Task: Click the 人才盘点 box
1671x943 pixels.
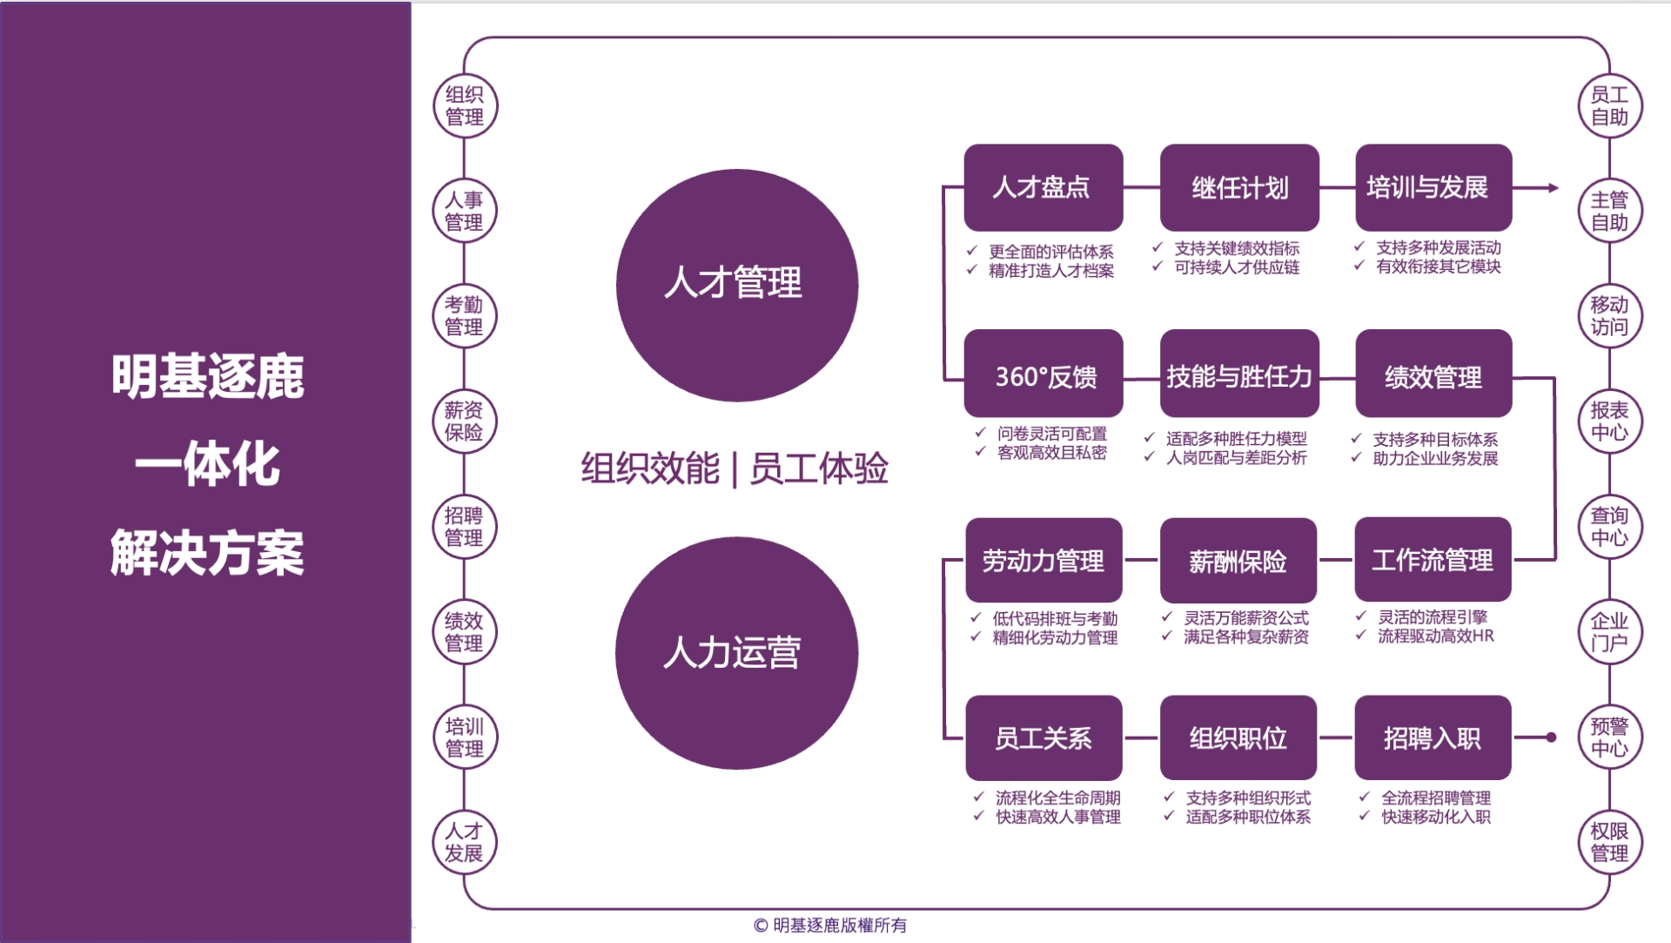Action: point(1044,187)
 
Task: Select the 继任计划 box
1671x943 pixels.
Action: point(1239,187)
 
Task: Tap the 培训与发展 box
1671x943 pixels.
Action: point(1433,187)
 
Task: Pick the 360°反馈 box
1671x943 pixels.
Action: point(1044,374)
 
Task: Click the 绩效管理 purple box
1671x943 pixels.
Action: point(1433,374)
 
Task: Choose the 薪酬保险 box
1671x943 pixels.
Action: point(1238,560)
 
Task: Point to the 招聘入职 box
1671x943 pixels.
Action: point(1433,738)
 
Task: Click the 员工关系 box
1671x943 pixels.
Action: point(1044,738)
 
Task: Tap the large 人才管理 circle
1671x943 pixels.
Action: point(737,286)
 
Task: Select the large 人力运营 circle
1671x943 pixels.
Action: point(737,653)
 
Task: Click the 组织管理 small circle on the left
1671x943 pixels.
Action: point(465,105)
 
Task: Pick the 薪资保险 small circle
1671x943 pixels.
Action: point(465,421)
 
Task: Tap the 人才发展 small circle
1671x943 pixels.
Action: point(465,842)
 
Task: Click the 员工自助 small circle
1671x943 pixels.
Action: point(1610,105)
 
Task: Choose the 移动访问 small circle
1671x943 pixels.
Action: point(1610,315)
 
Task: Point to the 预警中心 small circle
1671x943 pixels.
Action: point(1610,737)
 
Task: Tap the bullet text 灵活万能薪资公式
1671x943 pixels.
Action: point(1246,617)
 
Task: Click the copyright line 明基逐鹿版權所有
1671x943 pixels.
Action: point(840,925)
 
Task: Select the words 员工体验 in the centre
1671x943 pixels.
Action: point(819,468)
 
